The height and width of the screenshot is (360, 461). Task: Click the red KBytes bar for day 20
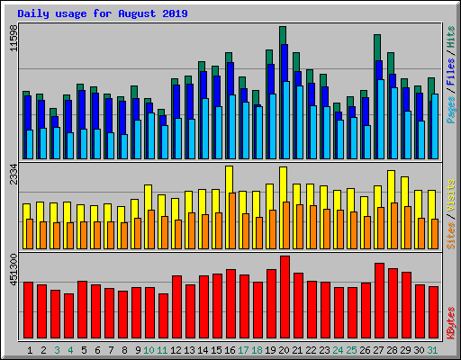point(285,297)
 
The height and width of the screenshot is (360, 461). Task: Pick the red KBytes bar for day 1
point(28,310)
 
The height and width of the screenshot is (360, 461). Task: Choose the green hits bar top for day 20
point(283,34)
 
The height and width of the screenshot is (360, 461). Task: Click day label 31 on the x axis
point(433,349)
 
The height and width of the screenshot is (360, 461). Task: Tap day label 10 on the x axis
point(149,349)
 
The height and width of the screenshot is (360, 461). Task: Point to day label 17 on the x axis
point(244,349)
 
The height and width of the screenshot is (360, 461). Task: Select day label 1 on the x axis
point(30,349)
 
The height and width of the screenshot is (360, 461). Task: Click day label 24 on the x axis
point(338,349)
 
